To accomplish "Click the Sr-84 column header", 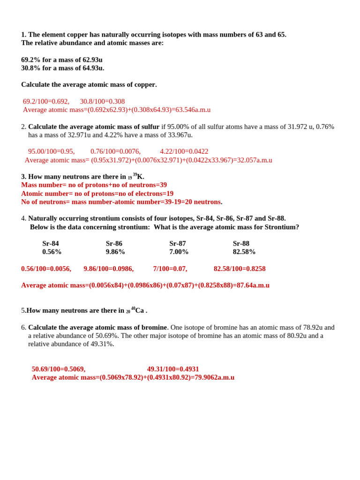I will coord(51,244).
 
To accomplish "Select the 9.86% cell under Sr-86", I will coord(115,252).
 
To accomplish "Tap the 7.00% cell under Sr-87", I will coord(179,252).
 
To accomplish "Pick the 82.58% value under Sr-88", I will coord(244,252).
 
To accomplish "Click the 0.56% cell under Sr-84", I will coord(52,252).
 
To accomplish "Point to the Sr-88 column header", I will coord(241,244).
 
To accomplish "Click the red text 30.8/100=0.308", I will coord(102,101).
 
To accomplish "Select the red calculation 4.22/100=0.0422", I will coord(184,151).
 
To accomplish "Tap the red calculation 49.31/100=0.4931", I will coord(173,369).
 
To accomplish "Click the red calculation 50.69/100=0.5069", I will coord(59,369).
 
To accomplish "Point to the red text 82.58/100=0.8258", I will coord(240,269).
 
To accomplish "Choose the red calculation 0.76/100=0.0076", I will coord(115,151).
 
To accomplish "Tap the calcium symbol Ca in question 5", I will coord(140,311).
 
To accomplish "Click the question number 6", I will coord(23,327).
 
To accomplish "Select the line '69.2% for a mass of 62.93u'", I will coord(62,60).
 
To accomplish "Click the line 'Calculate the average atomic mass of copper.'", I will coord(89,84).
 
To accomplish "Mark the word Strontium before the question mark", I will coord(280,227).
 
